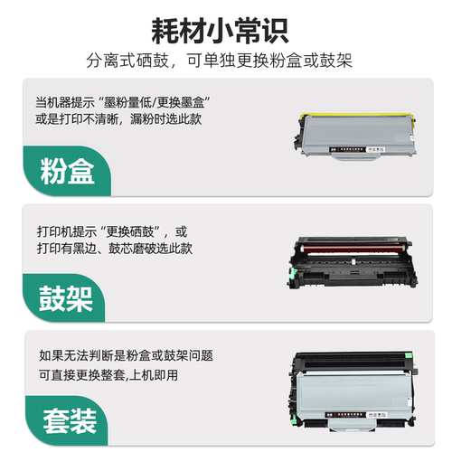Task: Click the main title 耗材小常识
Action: (226, 29)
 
